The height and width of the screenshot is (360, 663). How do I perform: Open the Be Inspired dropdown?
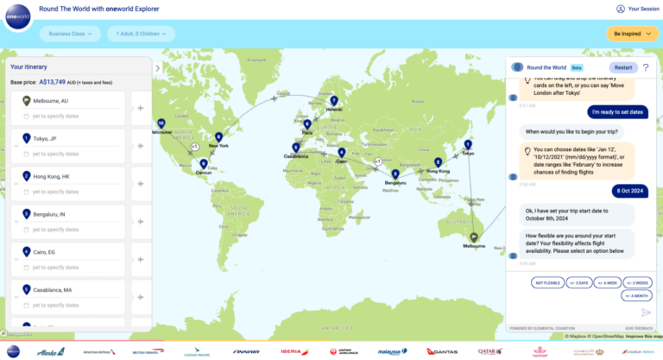pos(633,34)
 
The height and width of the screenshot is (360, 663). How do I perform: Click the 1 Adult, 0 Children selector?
pos(140,34)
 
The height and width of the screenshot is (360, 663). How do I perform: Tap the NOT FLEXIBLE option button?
pos(546,282)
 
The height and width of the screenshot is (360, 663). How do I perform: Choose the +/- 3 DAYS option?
pos(579,282)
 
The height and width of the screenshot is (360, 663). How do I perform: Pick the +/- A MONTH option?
pos(635,295)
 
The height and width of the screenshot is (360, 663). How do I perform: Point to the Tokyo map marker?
pos(468,145)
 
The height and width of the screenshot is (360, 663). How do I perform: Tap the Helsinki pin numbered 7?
pos(333,101)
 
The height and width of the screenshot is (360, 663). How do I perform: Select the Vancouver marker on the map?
pos(161,123)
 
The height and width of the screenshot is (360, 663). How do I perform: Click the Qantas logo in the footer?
pos(441,351)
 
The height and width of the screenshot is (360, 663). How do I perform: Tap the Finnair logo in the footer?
pos(246,351)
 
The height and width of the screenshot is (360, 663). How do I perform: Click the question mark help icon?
pos(645,66)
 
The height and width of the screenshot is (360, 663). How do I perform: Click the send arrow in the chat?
pos(646,313)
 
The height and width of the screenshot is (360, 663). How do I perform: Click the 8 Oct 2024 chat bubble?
pos(628,190)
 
